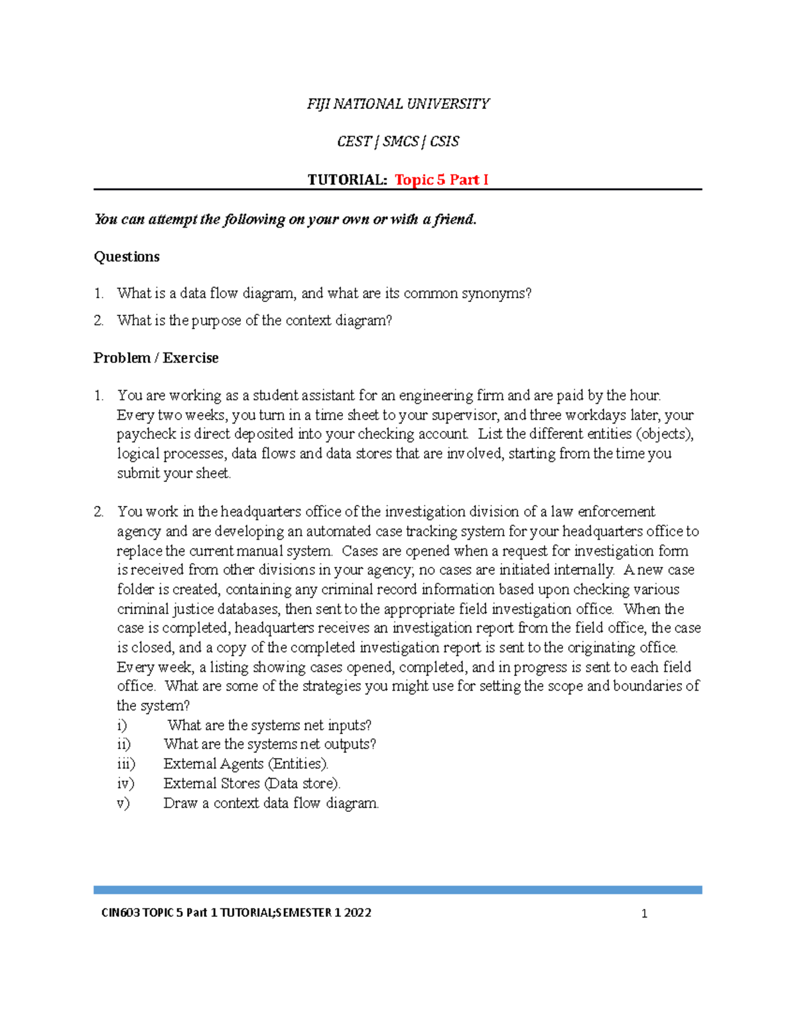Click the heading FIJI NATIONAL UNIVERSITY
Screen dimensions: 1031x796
(397, 104)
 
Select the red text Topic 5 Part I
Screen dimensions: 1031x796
(441, 180)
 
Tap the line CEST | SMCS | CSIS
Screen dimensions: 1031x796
(397, 141)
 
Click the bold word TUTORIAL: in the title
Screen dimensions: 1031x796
(347, 180)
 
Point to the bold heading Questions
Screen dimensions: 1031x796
(127, 257)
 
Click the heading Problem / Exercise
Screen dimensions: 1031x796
(156, 358)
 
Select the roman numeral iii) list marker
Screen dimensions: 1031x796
(125, 764)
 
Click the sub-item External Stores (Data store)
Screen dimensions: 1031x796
(252, 783)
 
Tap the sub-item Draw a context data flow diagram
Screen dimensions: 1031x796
(271, 803)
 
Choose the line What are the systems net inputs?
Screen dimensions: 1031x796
(269, 725)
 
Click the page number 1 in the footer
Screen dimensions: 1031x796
(644, 914)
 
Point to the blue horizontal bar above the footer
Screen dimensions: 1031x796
(397, 890)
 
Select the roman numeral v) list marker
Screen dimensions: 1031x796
(123, 803)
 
